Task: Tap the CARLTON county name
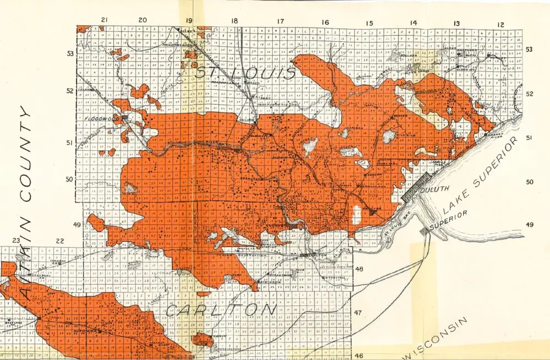coord(220,309)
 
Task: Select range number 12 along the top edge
coord(501,24)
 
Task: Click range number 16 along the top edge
coord(326,23)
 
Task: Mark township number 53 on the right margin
coord(529,50)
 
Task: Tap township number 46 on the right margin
coord(359,356)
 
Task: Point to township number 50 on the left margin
coord(69,179)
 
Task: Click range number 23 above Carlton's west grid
coord(16,241)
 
